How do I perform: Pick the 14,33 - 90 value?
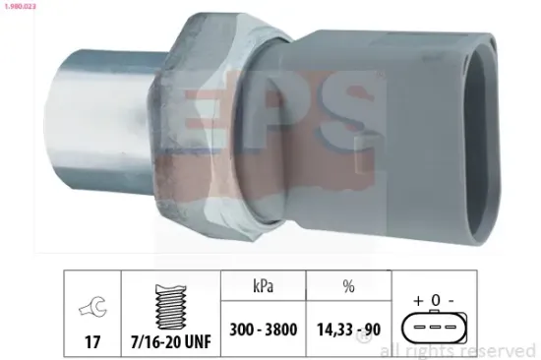point(347,331)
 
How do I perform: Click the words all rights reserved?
point(457,350)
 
